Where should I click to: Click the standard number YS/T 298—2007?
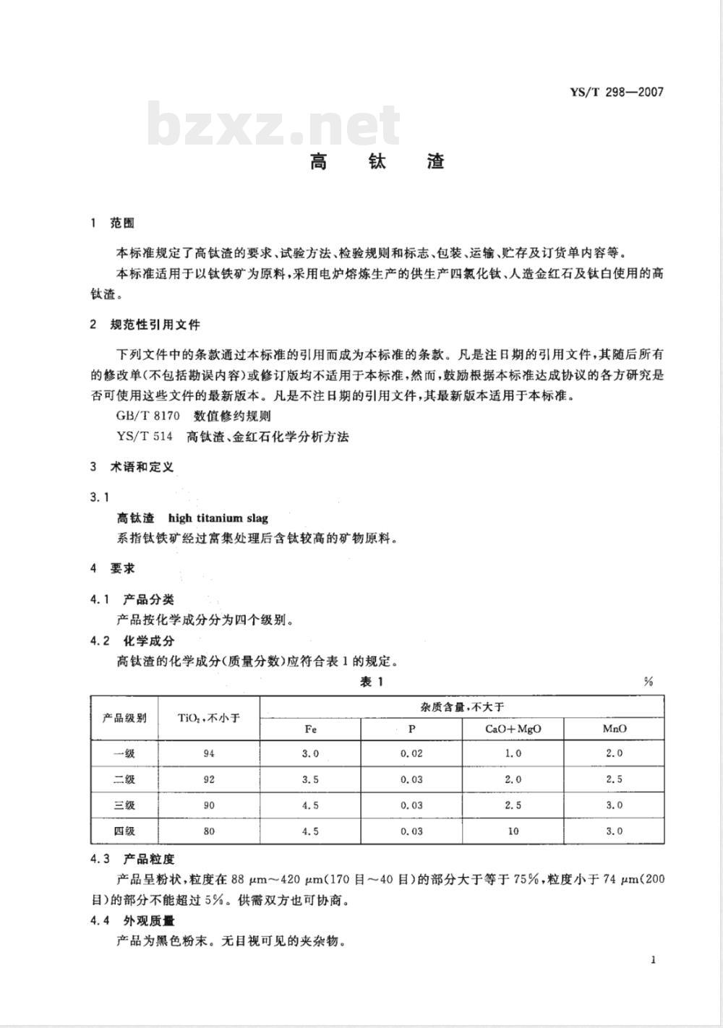point(616,92)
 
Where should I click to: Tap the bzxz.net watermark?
point(274,125)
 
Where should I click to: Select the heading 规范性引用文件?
point(155,325)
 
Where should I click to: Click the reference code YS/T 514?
point(144,437)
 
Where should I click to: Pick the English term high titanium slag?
point(218,518)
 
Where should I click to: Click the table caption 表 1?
point(372,682)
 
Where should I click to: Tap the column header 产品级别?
point(124,717)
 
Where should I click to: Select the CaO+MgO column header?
point(513,729)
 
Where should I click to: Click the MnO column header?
point(614,729)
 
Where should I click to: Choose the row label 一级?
point(124,754)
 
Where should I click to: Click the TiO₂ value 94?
point(209,754)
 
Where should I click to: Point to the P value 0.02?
point(411,754)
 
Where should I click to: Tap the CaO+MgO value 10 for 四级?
point(513,831)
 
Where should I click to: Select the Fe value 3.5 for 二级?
point(310,780)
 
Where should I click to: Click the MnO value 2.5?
point(614,780)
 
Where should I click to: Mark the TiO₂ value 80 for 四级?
point(209,831)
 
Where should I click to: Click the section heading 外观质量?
point(149,921)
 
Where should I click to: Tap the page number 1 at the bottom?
point(653,960)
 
